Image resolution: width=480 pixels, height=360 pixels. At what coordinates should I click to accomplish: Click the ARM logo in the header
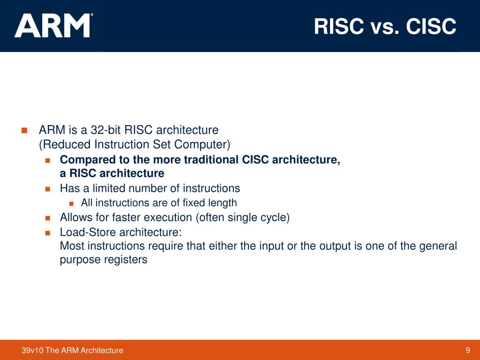(x=52, y=26)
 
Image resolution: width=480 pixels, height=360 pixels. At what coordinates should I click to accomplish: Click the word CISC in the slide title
(x=431, y=27)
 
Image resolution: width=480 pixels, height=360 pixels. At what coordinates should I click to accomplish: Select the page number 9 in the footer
(x=467, y=350)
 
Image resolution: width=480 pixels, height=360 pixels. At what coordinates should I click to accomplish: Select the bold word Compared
(x=85, y=160)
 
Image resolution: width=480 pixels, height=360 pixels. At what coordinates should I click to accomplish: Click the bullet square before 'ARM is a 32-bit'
(x=25, y=130)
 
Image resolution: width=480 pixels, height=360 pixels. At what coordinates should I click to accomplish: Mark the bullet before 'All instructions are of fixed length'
(x=71, y=203)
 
